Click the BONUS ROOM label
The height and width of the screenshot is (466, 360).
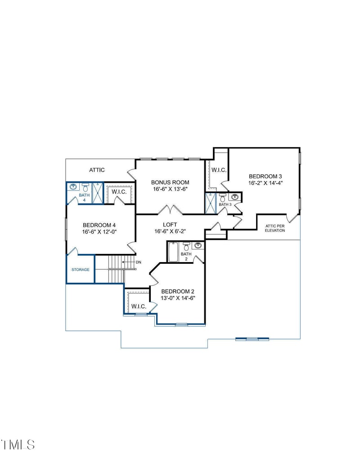170,182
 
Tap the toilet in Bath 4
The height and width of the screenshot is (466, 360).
85,187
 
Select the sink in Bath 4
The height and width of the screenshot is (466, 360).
73,186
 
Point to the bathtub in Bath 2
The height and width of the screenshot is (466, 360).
174,252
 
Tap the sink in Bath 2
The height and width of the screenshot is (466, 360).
198,245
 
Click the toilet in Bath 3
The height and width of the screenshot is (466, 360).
222,198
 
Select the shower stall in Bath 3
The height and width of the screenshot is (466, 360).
210,203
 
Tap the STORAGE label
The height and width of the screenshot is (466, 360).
81,270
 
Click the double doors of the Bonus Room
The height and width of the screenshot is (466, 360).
170,210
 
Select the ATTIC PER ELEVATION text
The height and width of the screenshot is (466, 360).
275,228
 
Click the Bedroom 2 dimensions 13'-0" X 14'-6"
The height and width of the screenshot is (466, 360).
178,298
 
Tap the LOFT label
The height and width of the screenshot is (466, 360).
170,224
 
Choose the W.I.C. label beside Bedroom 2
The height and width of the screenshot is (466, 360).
139,307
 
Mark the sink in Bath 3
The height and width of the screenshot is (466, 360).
234,197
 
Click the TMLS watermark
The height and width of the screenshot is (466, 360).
18,444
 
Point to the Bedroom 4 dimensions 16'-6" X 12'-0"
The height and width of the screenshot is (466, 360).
99,232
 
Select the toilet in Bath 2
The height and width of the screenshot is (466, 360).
186,247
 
